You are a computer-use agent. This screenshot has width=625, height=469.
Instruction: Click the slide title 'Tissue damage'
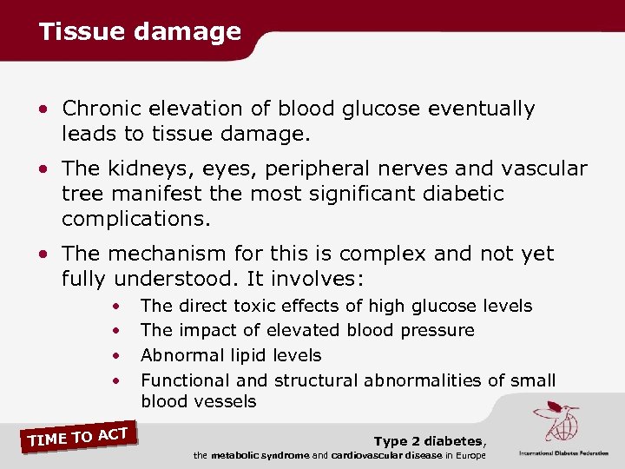pos(140,32)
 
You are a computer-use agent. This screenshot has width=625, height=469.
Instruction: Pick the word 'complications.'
pos(136,218)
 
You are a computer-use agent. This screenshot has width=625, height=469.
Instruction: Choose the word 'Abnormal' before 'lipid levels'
pos(179,355)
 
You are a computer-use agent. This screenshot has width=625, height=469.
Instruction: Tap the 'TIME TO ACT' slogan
pos(79,437)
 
